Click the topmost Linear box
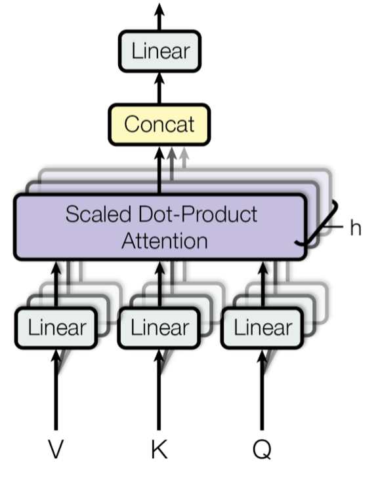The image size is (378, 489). [x=159, y=51]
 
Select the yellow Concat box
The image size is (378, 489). [x=159, y=124]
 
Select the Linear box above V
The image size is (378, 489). [x=58, y=328]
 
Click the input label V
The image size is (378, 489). [x=57, y=450]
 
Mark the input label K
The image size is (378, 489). [x=159, y=450]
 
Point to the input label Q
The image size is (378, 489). [x=262, y=450]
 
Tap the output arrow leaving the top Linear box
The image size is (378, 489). [x=159, y=16]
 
